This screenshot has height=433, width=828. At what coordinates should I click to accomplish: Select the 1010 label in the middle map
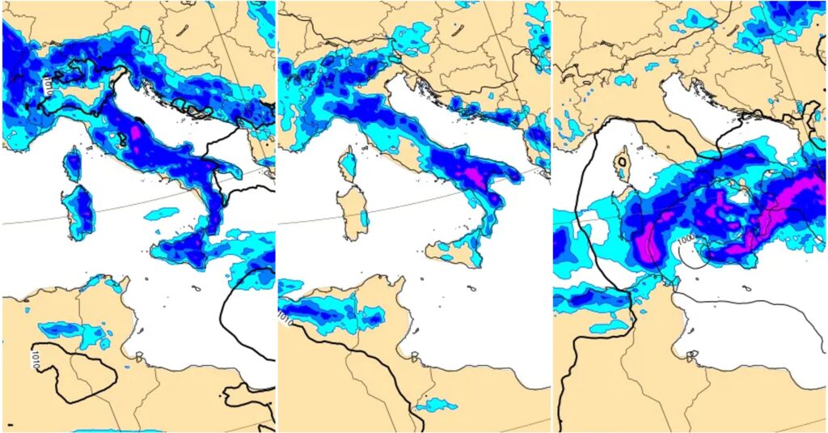[283, 314]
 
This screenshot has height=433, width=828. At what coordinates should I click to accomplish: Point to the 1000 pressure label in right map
[686, 240]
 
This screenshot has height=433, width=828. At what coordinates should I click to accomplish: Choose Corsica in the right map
[620, 164]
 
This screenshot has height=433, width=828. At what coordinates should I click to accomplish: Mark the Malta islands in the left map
[196, 287]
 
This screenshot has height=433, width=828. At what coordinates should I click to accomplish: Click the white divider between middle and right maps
[552, 216]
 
